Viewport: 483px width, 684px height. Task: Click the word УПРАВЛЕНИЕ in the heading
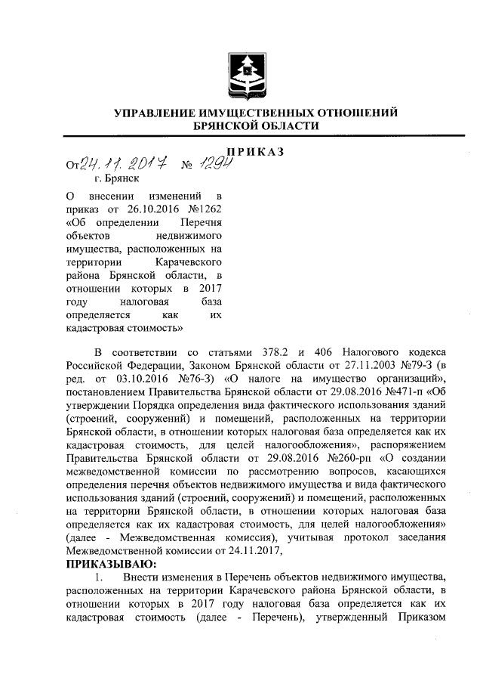[155, 113]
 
